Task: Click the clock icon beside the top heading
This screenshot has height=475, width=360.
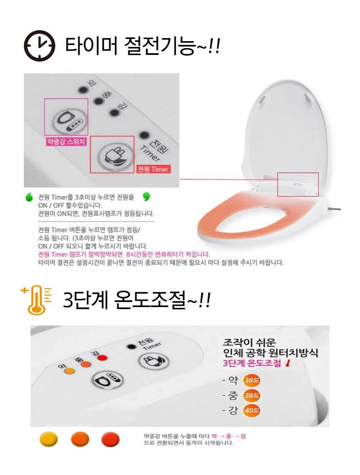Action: [x=39, y=46]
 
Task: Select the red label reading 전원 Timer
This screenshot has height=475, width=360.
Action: [x=153, y=169]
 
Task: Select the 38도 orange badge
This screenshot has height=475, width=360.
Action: [x=251, y=395]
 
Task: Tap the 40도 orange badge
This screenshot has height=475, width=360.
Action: [x=251, y=410]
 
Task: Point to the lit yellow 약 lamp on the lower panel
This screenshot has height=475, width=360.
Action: [x=70, y=370]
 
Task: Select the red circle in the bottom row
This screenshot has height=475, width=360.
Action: [x=110, y=439]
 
